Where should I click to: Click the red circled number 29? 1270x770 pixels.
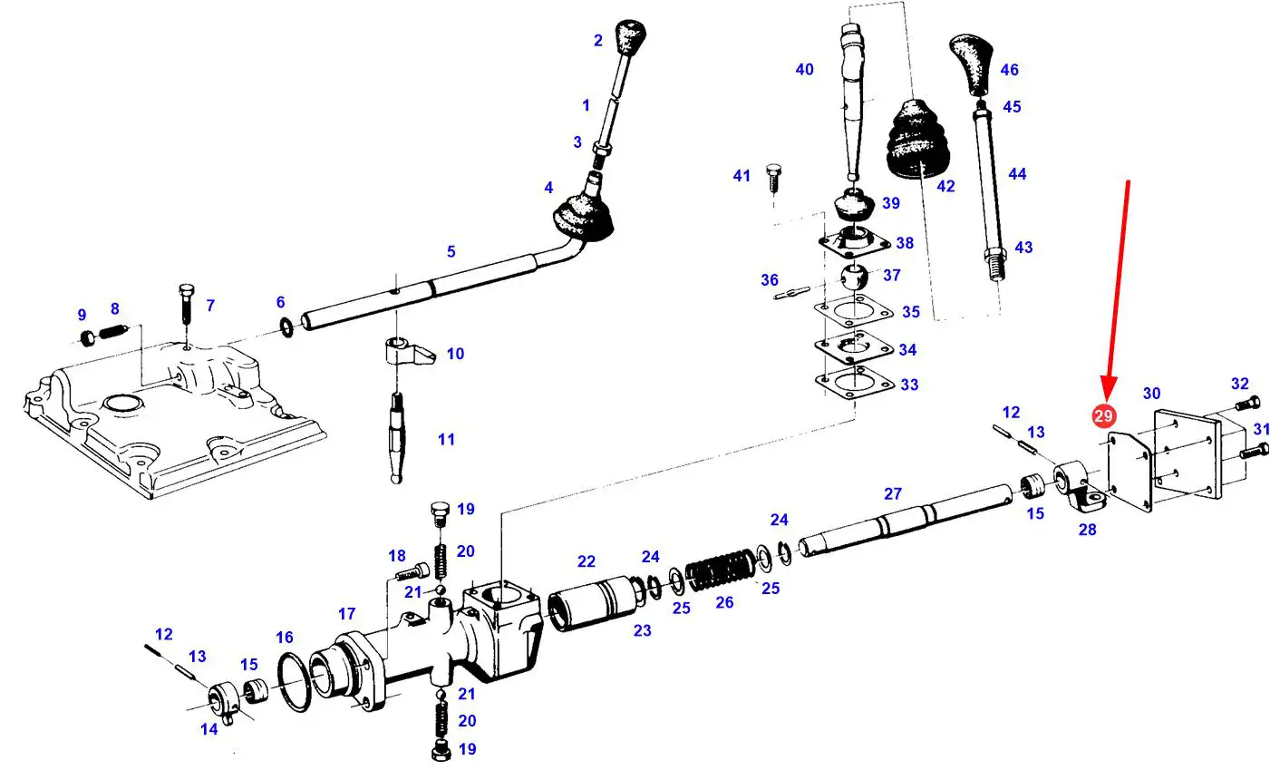pyautogui.click(x=1103, y=416)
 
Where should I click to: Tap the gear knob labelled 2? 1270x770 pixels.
pyautogui.click(x=631, y=36)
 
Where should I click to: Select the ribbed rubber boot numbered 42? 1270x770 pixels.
pyautogui.click(x=916, y=140)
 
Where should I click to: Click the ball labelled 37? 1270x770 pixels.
pyautogui.click(x=854, y=277)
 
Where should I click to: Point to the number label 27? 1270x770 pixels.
pyautogui.click(x=892, y=493)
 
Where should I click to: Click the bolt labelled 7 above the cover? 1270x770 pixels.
pyautogui.click(x=187, y=304)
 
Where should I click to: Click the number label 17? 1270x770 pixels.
pyautogui.click(x=346, y=613)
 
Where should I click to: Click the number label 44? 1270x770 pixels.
pyautogui.click(x=1017, y=173)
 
